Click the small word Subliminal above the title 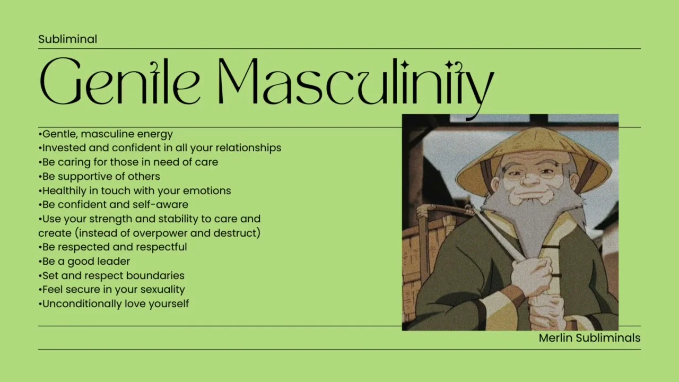[67, 39]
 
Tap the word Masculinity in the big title [356, 86]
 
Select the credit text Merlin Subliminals [589, 338]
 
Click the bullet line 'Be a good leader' [84, 262]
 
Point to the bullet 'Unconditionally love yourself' [114, 304]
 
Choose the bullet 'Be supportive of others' [99, 177]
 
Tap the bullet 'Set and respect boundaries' [111, 275]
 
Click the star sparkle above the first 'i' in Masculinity [405, 65]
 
